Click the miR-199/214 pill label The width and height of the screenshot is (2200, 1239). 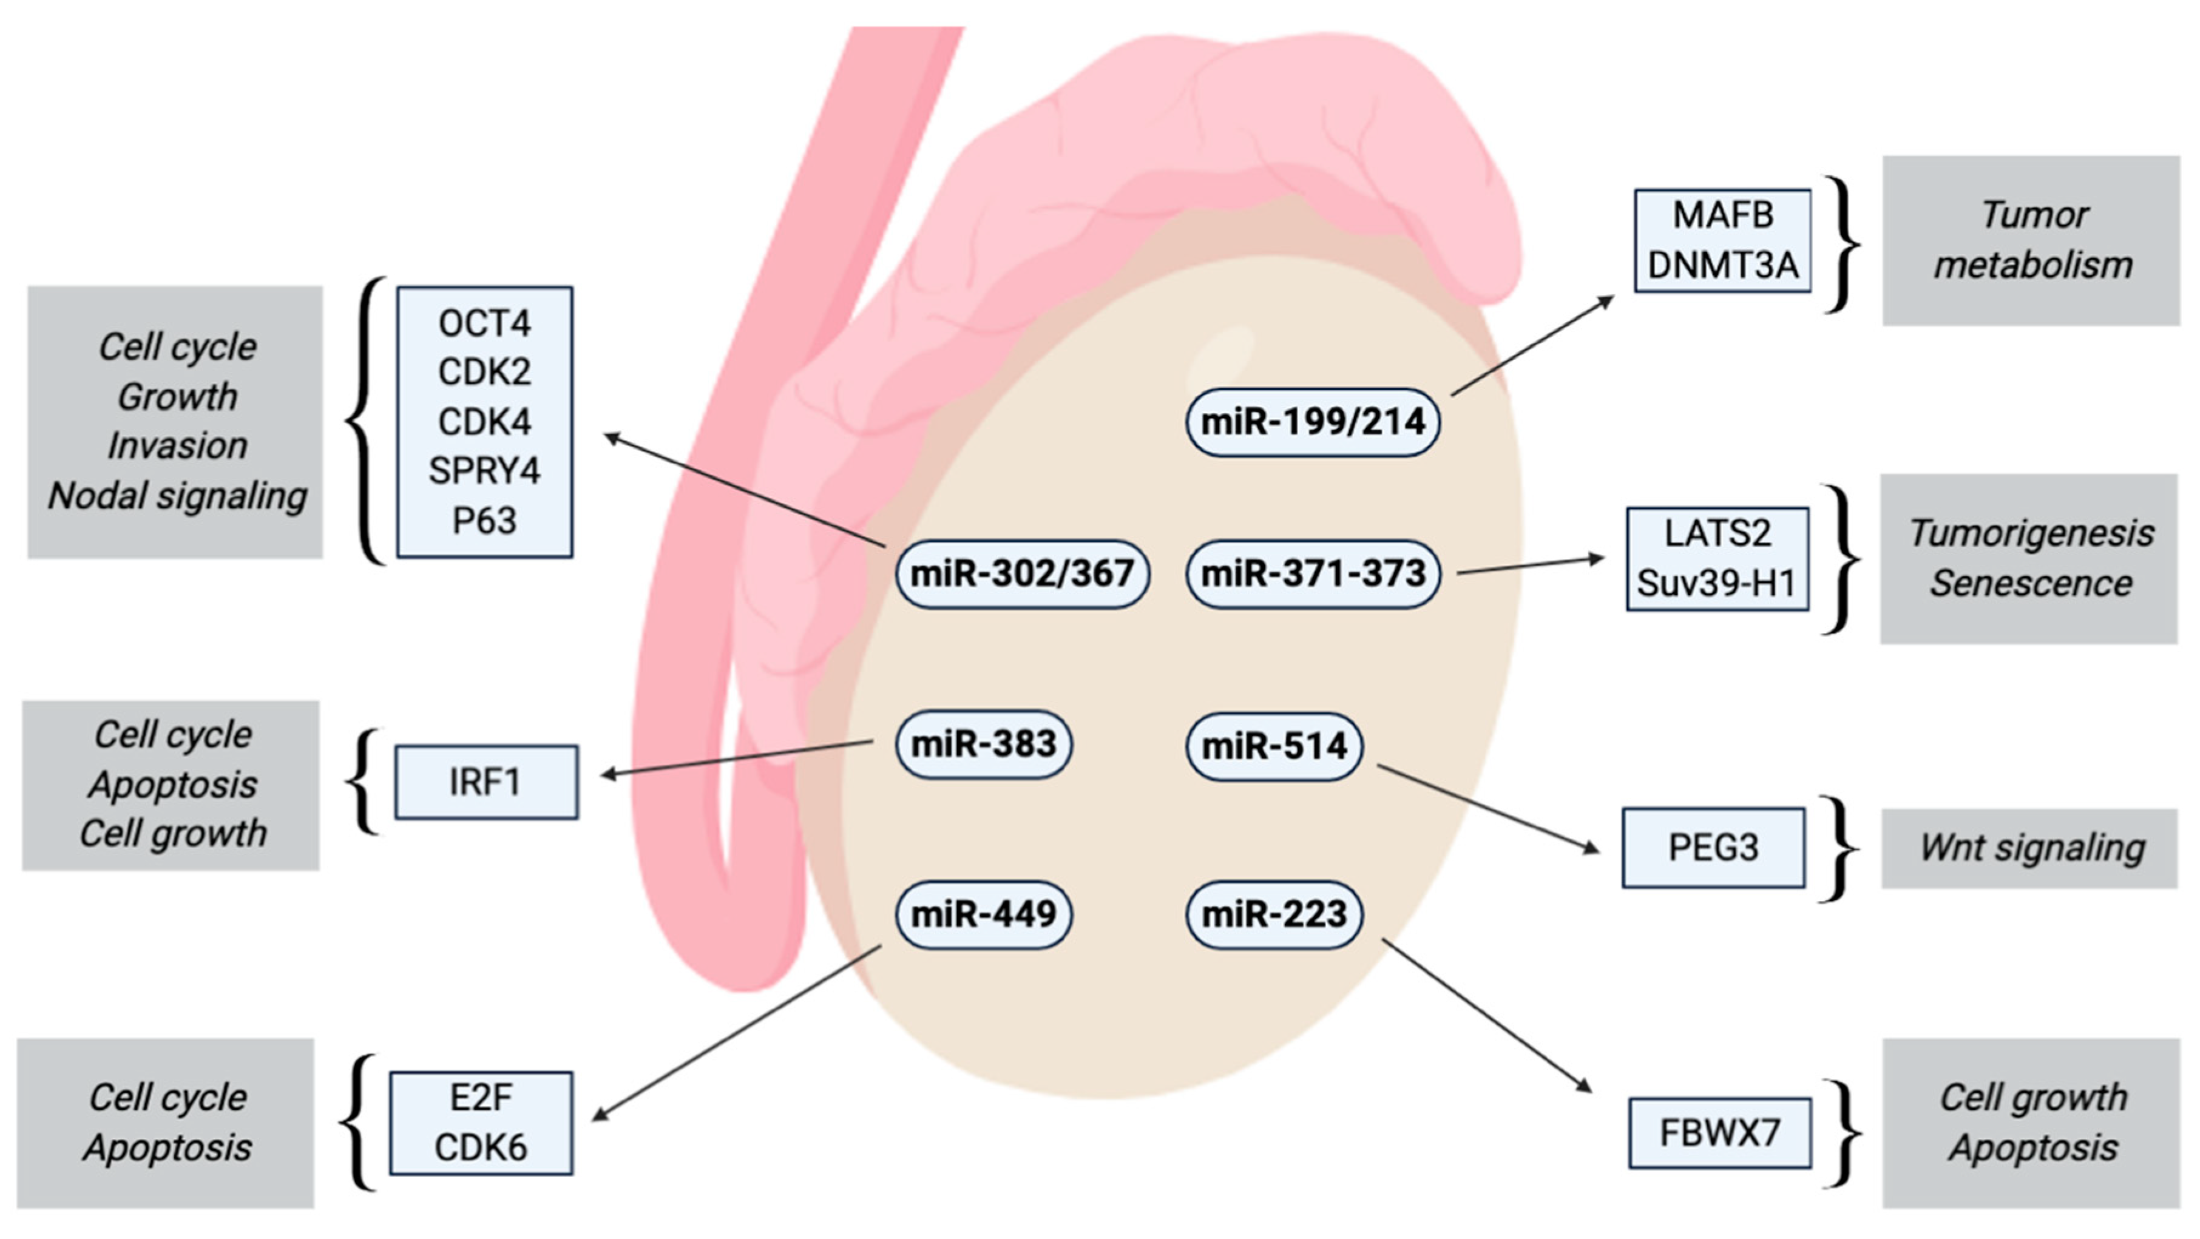(x=1313, y=422)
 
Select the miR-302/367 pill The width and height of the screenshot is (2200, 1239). (x=1021, y=573)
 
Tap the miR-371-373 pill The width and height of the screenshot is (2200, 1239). (x=1313, y=573)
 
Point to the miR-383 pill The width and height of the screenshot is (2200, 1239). (x=983, y=744)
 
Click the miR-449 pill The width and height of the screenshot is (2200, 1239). (x=983, y=914)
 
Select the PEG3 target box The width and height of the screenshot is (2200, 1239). (x=1713, y=848)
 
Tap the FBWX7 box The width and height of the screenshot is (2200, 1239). (x=1719, y=1133)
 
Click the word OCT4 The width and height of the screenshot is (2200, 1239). (x=484, y=323)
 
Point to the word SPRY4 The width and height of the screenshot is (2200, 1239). (x=484, y=470)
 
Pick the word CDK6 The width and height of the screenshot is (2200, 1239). (x=481, y=1147)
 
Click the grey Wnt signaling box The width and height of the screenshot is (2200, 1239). (x=2030, y=848)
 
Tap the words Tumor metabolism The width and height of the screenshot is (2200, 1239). (x=2032, y=240)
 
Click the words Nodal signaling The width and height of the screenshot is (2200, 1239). (x=177, y=495)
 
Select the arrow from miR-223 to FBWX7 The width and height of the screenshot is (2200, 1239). (x=1486, y=1016)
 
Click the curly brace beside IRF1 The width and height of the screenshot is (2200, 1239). (x=363, y=782)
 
